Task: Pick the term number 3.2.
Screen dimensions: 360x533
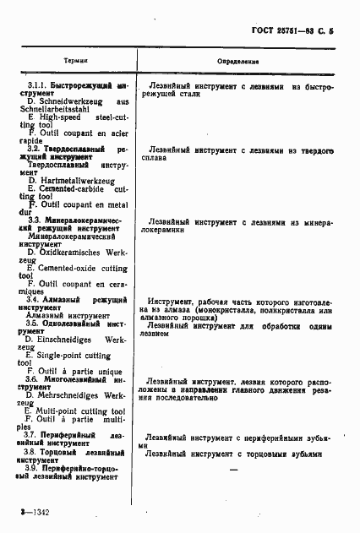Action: point(35,148)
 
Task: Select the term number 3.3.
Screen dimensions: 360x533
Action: point(35,219)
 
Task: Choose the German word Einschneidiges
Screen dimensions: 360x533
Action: point(74,337)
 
